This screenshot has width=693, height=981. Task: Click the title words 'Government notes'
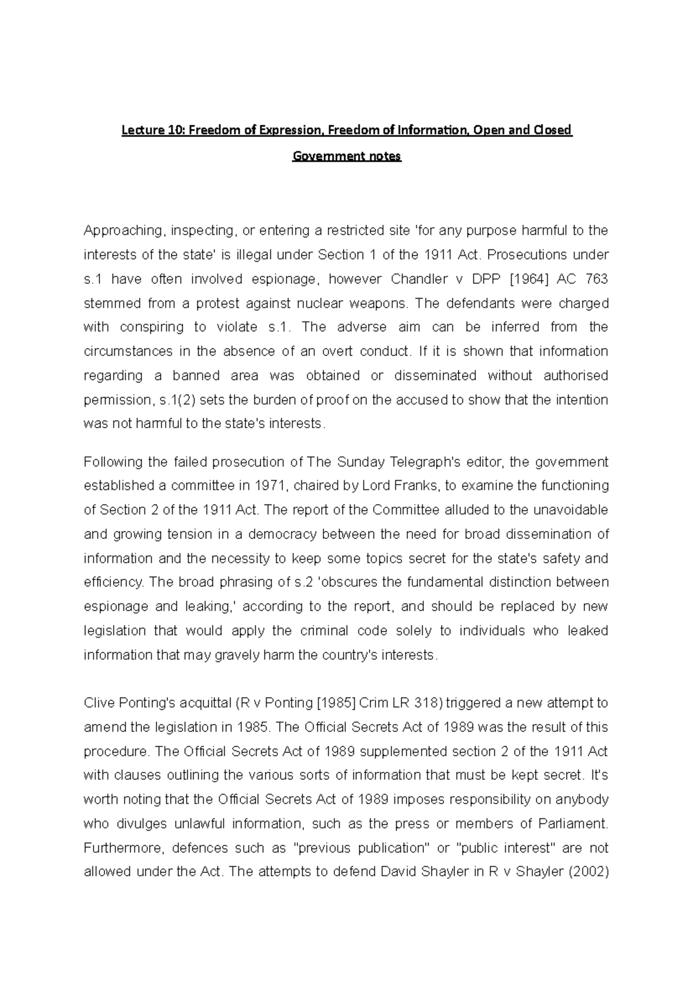346,157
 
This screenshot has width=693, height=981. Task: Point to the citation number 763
596,280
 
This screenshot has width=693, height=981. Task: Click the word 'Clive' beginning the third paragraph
99,704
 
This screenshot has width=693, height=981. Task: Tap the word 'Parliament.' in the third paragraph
573,824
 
